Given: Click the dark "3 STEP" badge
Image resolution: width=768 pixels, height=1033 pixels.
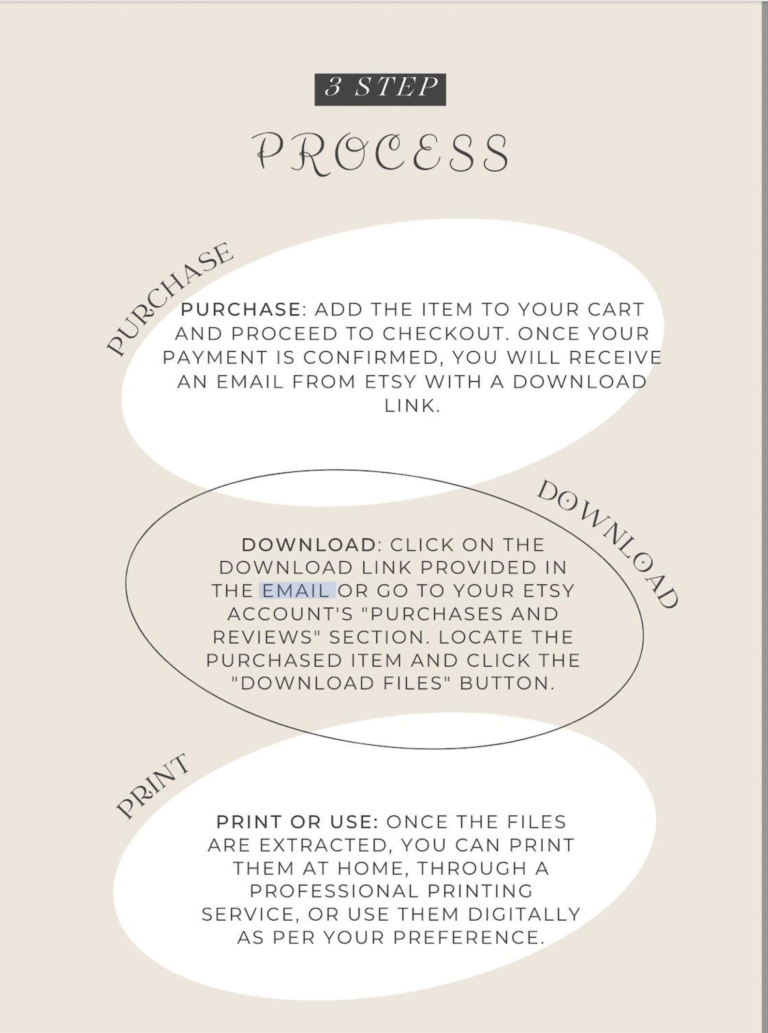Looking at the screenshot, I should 380,90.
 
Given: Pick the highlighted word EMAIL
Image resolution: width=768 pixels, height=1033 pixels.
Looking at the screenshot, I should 296,591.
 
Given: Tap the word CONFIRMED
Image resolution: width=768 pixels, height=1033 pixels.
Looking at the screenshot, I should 370,358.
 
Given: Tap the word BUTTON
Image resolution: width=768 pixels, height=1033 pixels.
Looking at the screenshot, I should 506,684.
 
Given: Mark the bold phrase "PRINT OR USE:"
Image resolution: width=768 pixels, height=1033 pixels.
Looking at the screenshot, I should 297,822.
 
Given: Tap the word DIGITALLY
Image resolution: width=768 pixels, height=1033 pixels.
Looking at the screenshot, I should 524,914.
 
